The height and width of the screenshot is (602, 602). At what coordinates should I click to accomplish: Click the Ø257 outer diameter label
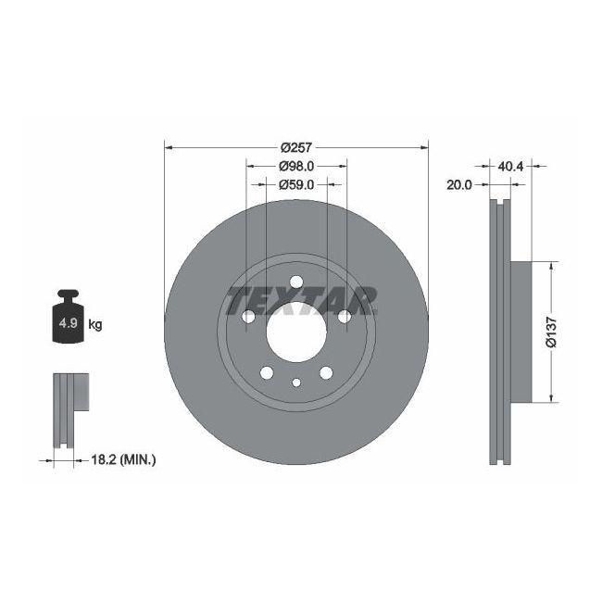tap(296, 147)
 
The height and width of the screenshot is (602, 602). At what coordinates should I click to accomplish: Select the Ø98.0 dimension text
tap(296, 166)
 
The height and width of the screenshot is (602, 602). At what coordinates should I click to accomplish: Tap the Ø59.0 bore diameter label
tap(296, 184)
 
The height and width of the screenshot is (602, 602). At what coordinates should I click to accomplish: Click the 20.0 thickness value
tap(459, 184)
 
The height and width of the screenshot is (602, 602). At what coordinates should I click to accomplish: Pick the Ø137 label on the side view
tap(552, 332)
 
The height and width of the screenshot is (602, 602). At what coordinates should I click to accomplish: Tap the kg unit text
tap(94, 325)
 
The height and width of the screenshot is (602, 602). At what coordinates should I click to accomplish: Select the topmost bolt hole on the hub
tap(296, 284)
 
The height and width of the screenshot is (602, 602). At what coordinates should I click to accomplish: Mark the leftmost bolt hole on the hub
tap(249, 318)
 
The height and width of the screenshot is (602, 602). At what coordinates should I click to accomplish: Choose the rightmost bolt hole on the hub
tap(344, 318)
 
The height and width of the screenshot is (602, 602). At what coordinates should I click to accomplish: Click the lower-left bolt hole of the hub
tap(267, 373)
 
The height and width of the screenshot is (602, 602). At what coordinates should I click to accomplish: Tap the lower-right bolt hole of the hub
tap(326, 373)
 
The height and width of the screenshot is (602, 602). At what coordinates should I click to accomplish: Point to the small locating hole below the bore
tap(296, 383)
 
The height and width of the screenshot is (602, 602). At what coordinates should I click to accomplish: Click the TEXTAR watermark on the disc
tap(301, 299)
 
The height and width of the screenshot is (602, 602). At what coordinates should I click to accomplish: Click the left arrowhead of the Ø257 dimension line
tap(169, 147)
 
